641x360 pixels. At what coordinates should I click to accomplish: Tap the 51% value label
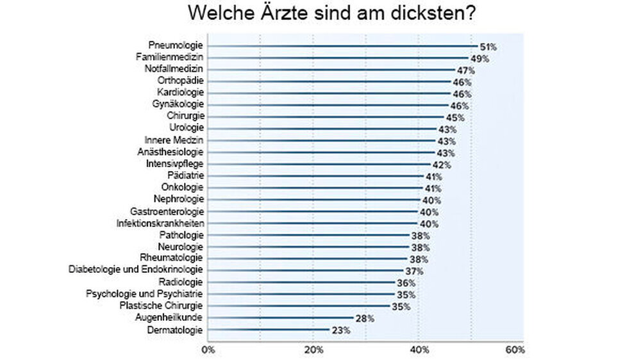[488, 47]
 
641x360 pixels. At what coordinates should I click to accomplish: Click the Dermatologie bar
[269, 331]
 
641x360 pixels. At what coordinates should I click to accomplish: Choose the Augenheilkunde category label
[169, 318]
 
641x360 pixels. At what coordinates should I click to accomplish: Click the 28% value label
[363, 319]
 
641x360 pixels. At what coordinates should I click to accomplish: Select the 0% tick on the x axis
[208, 350]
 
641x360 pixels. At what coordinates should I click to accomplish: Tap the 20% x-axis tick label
[313, 350]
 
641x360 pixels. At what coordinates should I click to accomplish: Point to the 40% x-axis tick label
[419, 350]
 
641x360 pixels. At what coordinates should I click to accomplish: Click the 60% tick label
[515, 350]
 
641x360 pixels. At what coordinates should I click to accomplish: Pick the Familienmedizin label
[169, 57]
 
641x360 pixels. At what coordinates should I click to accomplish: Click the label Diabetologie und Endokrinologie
[136, 270]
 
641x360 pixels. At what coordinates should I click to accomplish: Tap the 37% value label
[414, 272]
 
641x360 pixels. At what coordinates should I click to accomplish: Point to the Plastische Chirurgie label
[162, 306]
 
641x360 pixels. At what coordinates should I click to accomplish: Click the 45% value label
[455, 118]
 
